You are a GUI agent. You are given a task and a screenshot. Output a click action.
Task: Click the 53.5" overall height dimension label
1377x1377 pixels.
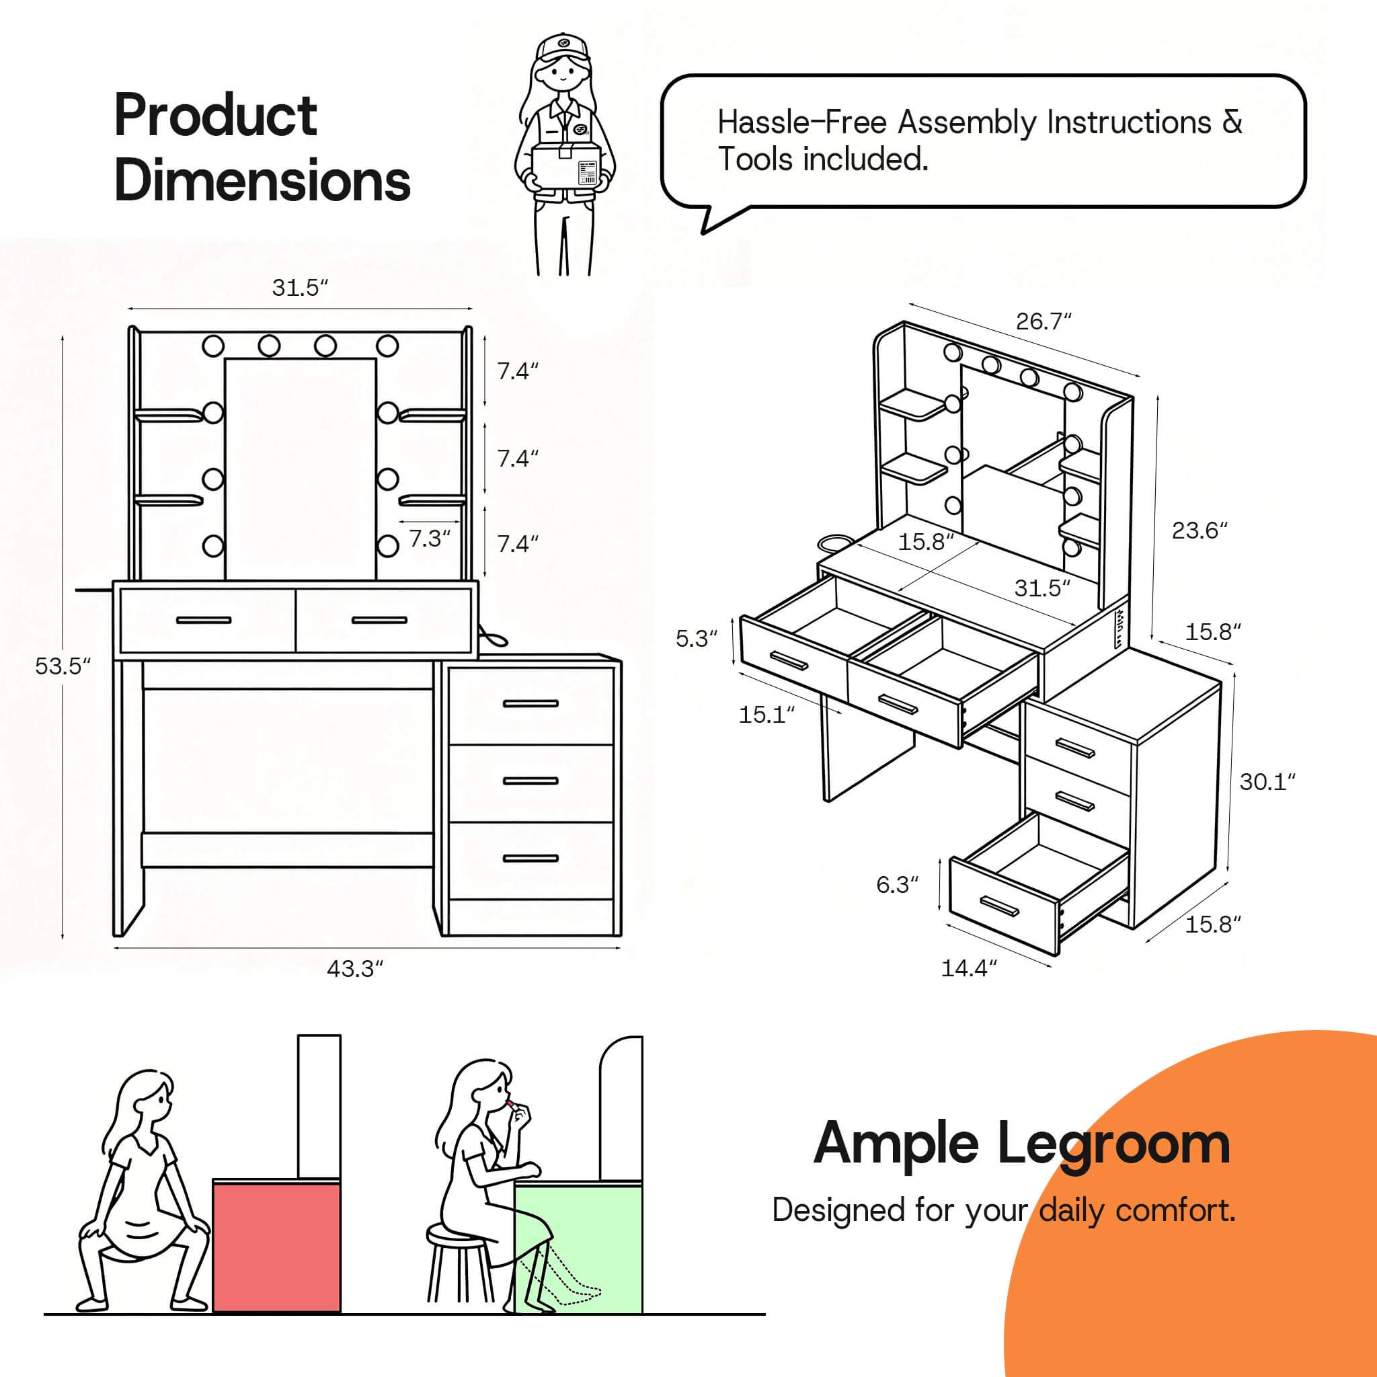[63, 667]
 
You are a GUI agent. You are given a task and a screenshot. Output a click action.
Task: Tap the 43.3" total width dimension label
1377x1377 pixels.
[355, 970]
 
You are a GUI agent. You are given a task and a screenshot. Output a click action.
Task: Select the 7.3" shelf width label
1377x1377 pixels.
[430, 539]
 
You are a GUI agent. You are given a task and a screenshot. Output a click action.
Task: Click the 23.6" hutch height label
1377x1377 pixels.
[1200, 530]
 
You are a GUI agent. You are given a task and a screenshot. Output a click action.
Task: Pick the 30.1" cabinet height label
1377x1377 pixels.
[1267, 782]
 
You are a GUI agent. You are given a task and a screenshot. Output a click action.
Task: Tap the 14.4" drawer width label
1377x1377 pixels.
[969, 969]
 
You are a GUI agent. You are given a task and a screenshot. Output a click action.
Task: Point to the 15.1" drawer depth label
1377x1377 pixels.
[766, 715]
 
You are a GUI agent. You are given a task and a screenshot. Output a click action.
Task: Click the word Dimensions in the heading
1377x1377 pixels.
[262, 182]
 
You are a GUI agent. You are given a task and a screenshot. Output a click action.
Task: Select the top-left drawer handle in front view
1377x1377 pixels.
[204, 620]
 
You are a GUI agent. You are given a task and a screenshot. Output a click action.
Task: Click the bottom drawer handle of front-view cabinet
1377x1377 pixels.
[530, 858]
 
